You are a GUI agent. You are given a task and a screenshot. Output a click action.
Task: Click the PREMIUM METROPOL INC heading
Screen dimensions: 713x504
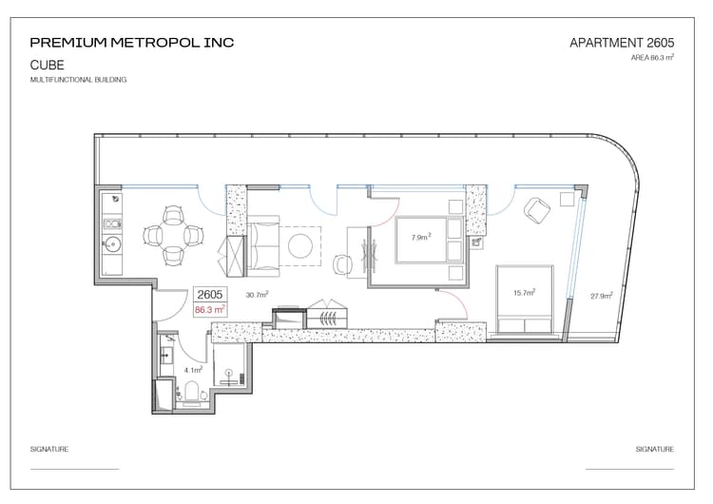[132, 43]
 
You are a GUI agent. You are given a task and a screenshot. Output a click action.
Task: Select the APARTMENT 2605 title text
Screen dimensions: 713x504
[622, 43]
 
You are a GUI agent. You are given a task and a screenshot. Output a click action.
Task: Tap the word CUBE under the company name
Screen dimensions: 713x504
[47, 65]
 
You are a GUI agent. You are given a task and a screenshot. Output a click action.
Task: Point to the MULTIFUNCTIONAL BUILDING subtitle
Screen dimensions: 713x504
[78, 80]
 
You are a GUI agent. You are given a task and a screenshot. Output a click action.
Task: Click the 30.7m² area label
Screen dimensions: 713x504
[257, 294]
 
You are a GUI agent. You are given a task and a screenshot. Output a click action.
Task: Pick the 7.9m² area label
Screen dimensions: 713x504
[421, 237]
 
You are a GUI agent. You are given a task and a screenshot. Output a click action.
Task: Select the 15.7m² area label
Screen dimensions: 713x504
[524, 293]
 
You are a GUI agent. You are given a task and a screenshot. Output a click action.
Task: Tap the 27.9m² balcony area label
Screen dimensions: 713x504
[602, 296]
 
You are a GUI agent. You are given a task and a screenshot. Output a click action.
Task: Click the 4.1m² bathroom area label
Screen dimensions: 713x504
[193, 370]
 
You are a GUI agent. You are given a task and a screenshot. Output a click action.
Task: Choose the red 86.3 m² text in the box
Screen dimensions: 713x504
[210, 310]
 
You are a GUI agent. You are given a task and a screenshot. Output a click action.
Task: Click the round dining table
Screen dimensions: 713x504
[173, 236]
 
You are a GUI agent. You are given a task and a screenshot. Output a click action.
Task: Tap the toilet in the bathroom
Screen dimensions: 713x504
[192, 391]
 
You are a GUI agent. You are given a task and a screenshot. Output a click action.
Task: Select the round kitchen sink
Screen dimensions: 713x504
[112, 245]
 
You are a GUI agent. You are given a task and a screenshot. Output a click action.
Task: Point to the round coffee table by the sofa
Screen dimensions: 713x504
[300, 245]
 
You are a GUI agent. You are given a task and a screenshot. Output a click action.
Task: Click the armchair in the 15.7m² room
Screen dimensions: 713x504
[537, 210]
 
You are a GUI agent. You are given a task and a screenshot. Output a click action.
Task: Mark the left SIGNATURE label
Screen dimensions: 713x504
[49, 449]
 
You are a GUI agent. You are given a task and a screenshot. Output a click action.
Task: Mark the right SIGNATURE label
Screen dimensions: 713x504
[655, 449]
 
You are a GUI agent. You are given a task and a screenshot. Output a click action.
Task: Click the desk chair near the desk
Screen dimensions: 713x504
[343, 264]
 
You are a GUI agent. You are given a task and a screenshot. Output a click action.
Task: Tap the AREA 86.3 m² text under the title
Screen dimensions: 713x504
[652, 58]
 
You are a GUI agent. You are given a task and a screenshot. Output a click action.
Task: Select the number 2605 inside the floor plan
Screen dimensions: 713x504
[210, 295]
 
